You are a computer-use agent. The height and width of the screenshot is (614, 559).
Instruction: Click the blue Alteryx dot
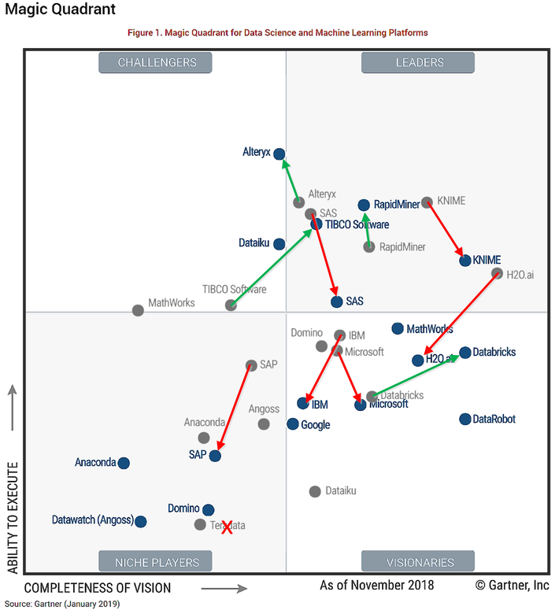click(x=279, y=154)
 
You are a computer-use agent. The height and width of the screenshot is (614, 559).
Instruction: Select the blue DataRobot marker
click(x=465, y=419)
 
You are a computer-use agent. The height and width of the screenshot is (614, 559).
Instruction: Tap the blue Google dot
click(x=293, y=424)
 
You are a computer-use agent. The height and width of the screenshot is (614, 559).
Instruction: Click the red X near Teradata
click(x=228, y=527)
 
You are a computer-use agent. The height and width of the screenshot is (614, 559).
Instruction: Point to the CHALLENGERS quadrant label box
click(x=157, y=62)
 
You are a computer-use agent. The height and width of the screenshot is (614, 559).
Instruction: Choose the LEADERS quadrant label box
click(x=417, y=62)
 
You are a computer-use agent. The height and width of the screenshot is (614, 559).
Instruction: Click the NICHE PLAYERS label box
click(x=157, y=562)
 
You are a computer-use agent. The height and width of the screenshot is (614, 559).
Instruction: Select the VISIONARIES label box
click(x=417, y=562)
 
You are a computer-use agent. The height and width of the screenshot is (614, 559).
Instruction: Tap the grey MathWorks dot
click(x=139, y=310)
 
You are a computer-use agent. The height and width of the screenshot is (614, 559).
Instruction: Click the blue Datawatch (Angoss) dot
click(x=140, y=521)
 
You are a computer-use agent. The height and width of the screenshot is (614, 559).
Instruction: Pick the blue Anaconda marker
click(x=124, y=463)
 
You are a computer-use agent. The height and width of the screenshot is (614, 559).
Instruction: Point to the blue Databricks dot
click(x=465, y=353)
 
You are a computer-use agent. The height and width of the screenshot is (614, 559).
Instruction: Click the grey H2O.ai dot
click(x=497, y=274)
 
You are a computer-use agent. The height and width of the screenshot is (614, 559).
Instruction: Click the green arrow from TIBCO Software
click(x=271, y=268)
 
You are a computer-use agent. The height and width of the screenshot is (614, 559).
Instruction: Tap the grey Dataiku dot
click(x=315, y=491)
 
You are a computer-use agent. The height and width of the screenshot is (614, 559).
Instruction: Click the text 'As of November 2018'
click(x=376, y=586)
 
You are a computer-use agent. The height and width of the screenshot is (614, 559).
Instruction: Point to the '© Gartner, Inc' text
click(x=512, y=586)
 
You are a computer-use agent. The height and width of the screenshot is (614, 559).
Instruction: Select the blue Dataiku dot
click(x=279, y=244)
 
